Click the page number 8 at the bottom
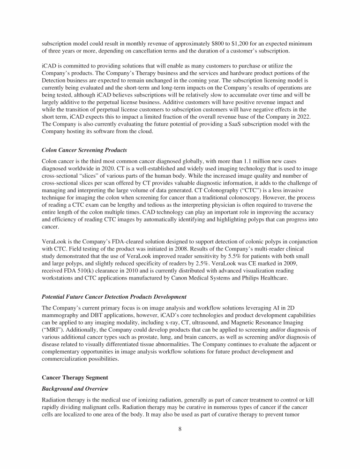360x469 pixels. tap(180, 428)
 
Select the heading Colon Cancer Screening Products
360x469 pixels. tap(84, 150)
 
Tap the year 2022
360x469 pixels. tap(305, 117)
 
